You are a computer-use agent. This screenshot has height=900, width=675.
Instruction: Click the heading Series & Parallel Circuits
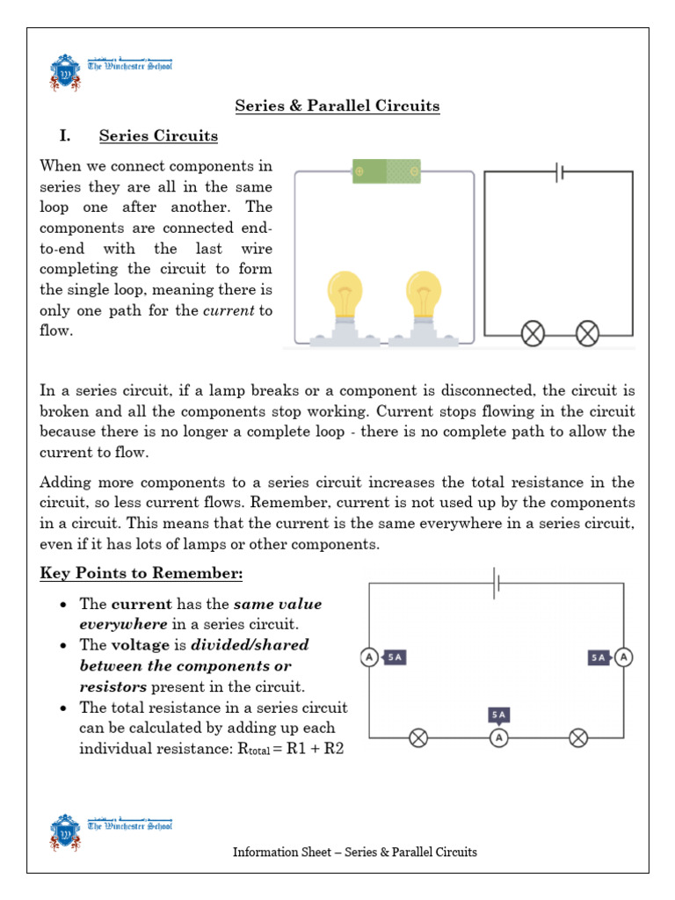pyautogui.click(x=337, y=106)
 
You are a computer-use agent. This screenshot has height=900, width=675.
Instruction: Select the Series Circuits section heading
pyautogui.click(x=158, y=136)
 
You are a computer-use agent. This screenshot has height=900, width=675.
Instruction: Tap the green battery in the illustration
pyautogui.click(x=386, y=171)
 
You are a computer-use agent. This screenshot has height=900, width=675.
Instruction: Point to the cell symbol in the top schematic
pyautogui.click(x=559, y=172)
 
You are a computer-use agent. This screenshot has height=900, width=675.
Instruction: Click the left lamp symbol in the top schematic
pyautogui.click(x=533, y=333)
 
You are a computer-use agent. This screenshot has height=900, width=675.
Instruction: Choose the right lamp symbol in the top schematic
pyautogui.click(x=586, y=333)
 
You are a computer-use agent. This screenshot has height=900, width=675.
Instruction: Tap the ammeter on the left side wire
pyautogui.click(x=369, y=657)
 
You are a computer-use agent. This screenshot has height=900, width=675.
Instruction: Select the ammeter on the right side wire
pyautogui.click(x=623, y=657)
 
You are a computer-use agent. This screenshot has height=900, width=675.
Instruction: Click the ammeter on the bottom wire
pyautogui.click(x=498, y=738)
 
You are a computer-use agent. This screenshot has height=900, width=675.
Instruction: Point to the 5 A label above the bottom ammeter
pyautogui.click(x=498, y=715)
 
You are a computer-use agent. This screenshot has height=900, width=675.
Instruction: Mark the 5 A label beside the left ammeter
pyautogui.click(x=395, y=657)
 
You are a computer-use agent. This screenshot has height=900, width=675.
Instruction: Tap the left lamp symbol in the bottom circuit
pyautogui.click(x=418, y=738)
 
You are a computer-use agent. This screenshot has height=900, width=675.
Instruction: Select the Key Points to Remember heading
pyautogui.click(x=141, y=573)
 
